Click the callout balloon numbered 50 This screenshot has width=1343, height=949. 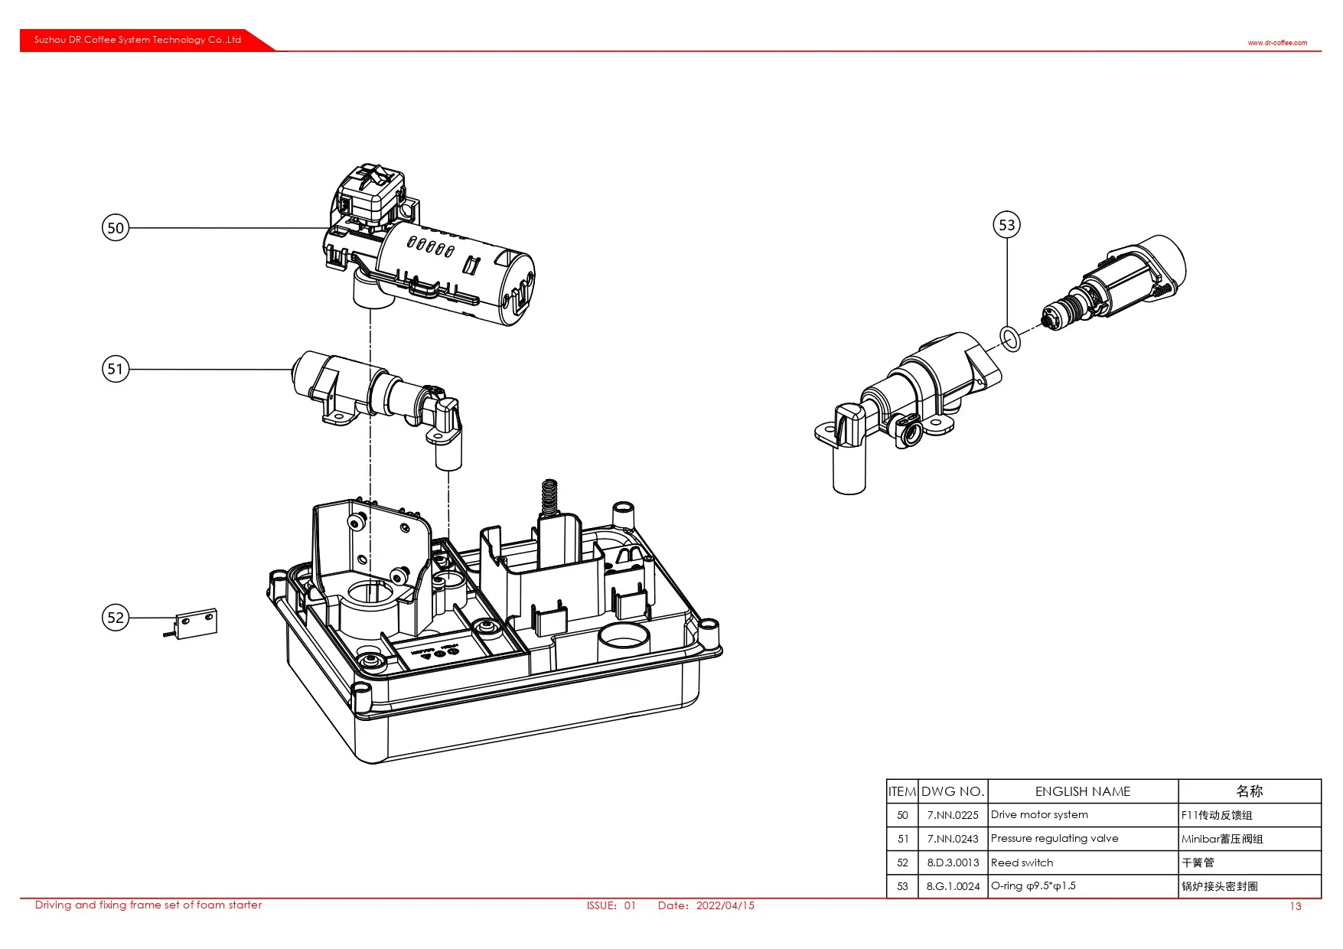pyautogui.click(x=116, y=227)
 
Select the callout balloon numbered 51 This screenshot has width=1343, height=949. pyautogui.click(x=116, y=369)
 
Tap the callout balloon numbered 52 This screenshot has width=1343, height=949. pyautogui.click(x=116, y=618)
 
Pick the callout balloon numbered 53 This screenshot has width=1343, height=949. pyautogui.click(x=1006, y=225)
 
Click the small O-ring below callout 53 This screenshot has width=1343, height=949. pyautogui.click(x=1010, y=338)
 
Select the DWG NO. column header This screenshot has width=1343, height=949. pyautogui.click(x=953, y=791)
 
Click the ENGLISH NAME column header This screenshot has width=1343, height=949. pyautogui.click(x=1082, y=791)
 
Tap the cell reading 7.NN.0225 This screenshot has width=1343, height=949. pyautogui.click(x=953, y=815)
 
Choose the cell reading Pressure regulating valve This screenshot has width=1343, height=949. pyautogui.click(x=1055, y=839)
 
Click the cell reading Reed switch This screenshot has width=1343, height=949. pyautogui.click(x=1022, y=863)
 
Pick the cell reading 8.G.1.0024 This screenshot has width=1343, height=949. pyautogui.click(x=953, y=886)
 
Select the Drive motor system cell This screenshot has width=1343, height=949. pyautogui.click(x=1039, y=815)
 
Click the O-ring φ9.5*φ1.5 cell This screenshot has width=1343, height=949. pyautogui.click(x=1033, y=886)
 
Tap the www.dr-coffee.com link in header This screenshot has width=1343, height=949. pyautogui.click(x=1277, y=43)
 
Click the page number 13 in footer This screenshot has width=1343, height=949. pyautogui.click(x=1295, y=906)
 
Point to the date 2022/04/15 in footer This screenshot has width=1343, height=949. pyautogui.click(x=725, y=905)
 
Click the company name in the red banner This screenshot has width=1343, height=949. pyautogui.click(x=138, y=40)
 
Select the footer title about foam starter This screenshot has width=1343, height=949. pyautogui.click(x=148, y=905)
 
